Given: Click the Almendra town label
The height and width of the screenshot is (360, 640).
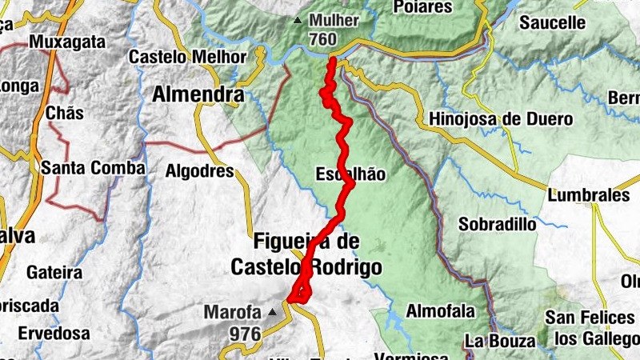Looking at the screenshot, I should (198, 95).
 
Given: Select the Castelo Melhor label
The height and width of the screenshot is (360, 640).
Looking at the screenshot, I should (188, 58).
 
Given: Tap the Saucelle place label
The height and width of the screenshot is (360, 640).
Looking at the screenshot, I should (553, 23).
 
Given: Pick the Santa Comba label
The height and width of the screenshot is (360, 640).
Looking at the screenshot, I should (94, 168).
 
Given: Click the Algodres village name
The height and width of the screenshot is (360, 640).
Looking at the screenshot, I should (199, 171).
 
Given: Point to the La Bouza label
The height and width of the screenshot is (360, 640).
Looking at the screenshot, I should (500, 342).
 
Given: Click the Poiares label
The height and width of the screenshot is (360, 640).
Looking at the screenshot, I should (423, 7).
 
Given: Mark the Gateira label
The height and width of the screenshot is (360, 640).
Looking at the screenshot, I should (55, 272).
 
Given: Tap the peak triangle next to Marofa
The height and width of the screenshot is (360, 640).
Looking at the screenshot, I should (273, 312).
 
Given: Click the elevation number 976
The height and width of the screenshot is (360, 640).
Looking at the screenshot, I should (245, 331).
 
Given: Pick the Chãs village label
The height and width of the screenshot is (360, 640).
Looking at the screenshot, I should (65, 113).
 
